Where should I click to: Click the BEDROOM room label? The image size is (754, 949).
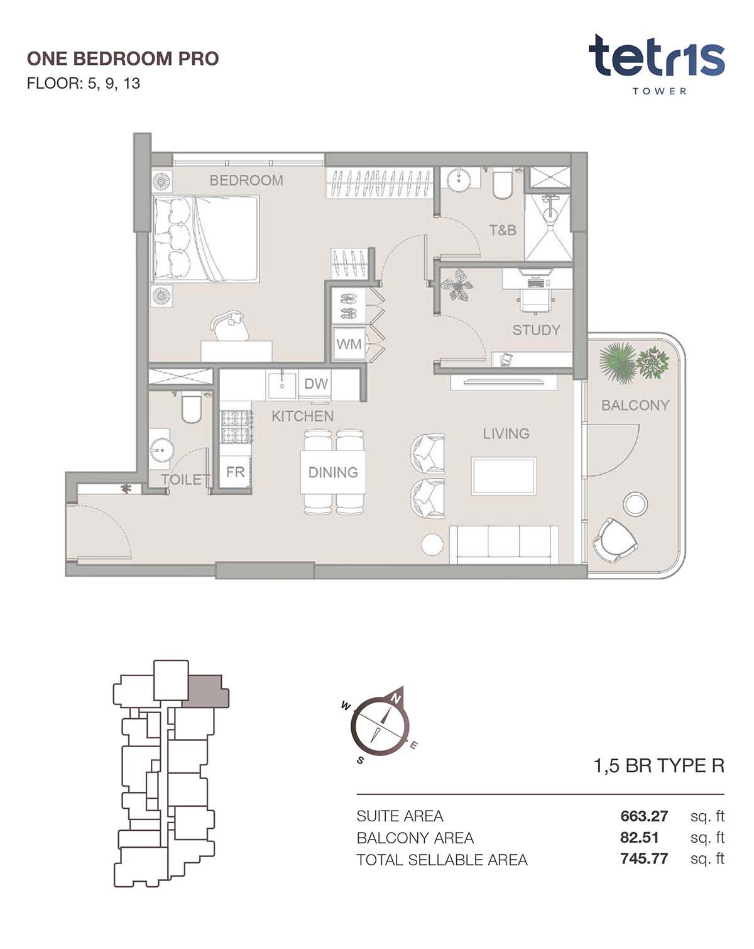point(246,180)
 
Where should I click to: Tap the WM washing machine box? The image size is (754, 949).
point(349,343)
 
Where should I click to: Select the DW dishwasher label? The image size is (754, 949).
point(316,384)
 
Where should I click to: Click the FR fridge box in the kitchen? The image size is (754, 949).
point(235,472)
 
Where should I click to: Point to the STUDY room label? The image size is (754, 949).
point(536,330)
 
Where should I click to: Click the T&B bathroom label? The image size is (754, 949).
point(503,230)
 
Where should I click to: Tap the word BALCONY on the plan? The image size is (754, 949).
point(635,405)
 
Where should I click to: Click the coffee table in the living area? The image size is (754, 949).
point(504,476)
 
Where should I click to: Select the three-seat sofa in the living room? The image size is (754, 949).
point(504,545)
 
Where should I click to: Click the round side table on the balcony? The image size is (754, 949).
point(635,504)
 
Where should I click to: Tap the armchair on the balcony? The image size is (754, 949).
point(615,541)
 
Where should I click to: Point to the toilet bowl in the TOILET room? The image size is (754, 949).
point(192,408)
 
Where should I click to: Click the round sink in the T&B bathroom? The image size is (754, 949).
point(459,179)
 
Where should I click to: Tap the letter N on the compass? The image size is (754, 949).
point(396,698)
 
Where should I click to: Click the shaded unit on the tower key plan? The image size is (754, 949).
point(205,691)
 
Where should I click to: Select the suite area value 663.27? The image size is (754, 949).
point(644,816)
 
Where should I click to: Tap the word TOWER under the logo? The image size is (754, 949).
point(659,91)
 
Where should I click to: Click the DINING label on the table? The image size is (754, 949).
point(333,472)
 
